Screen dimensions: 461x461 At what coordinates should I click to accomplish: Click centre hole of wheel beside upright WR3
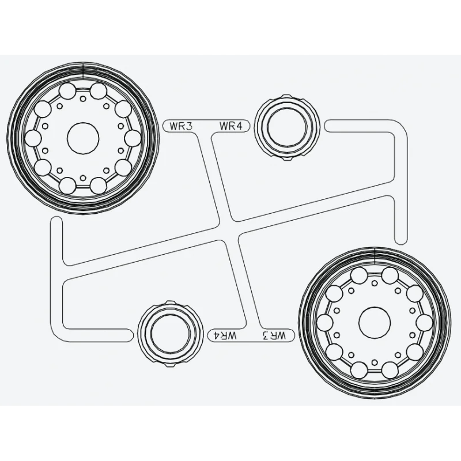(x=84, y=138)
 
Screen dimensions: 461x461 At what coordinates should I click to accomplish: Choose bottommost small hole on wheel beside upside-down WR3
(x=375, y=362)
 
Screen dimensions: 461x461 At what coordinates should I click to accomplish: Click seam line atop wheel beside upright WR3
(x=84, y=67)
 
